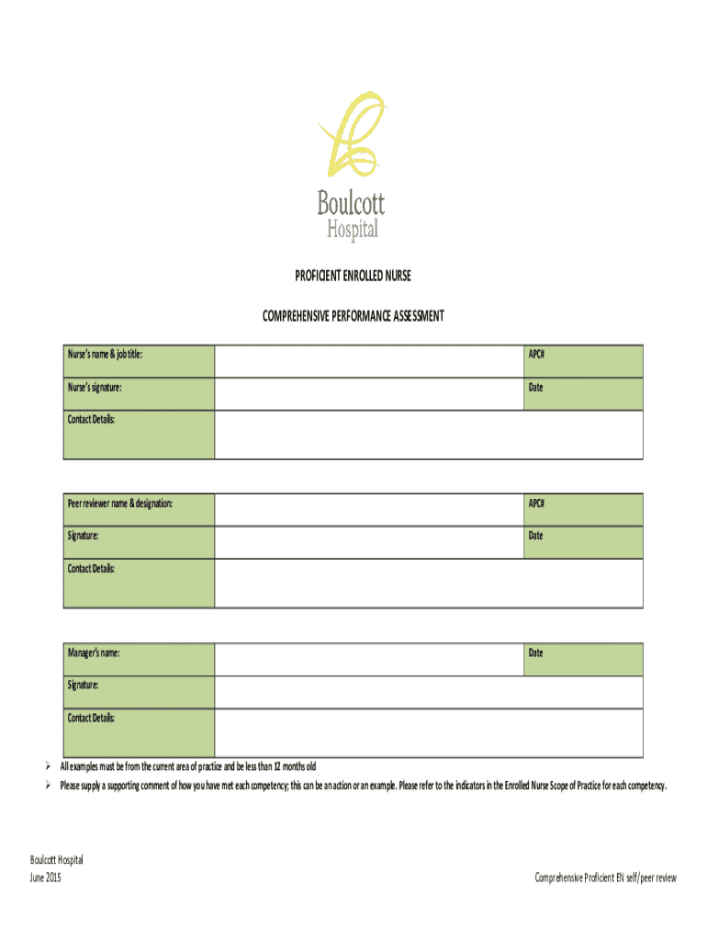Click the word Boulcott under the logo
[x=351, y=202]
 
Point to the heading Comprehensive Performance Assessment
[x=353, y=316]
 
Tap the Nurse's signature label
[x=95, y=388]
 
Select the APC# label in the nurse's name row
[x=536, y=354]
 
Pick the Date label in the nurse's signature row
[x=535, y=388]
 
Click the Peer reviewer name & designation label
[x=119, y=504]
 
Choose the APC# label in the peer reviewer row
[x=536, y=504]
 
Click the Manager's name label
[x=94, y=653]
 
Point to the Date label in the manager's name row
[x=535, y=653]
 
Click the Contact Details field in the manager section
[x=429, y=732]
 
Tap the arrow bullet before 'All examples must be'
[x=50, y=767]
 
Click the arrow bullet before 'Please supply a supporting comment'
[x=50, y=787]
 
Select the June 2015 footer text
[x=45, y=879]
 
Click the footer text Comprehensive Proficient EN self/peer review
[x=605, y=879]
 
